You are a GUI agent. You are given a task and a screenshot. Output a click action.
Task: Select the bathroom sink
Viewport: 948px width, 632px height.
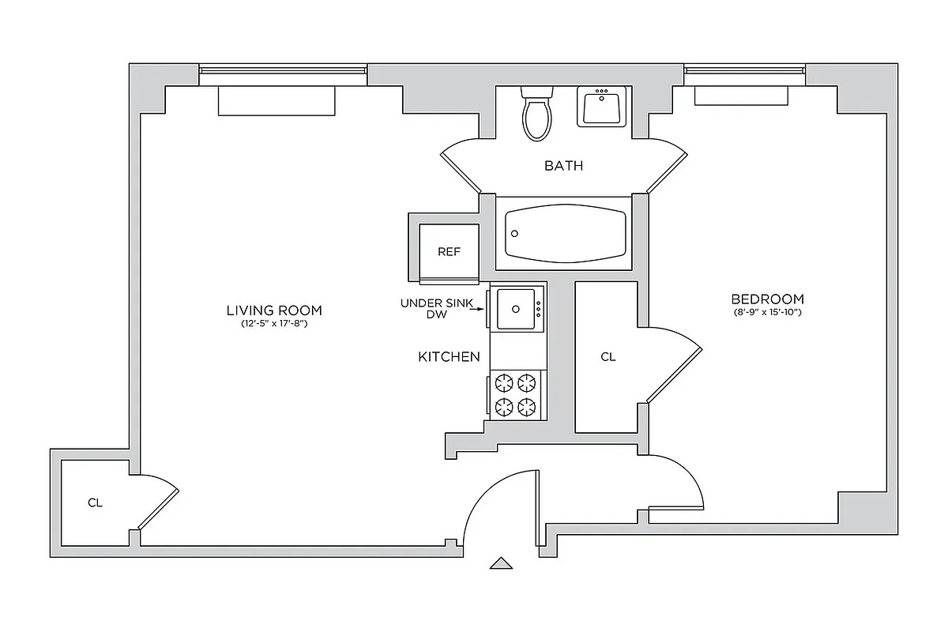[602, 107]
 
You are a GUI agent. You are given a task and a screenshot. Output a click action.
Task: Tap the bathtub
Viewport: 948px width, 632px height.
[566, 234]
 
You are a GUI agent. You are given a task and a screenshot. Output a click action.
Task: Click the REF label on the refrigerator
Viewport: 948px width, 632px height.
[449, 252]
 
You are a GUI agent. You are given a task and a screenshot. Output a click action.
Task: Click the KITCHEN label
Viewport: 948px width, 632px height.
[449, 357]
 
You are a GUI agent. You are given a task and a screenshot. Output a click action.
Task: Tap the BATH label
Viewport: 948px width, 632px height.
[564, 166]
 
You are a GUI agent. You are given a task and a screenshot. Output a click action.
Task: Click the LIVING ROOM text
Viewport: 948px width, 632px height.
[274, 310]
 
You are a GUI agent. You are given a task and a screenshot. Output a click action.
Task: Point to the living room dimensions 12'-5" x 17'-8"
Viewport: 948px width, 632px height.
[274, 324]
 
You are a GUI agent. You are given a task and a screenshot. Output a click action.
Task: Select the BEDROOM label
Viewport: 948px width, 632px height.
[767, 299]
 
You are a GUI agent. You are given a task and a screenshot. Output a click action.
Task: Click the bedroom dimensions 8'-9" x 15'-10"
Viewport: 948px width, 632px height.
[767, 313]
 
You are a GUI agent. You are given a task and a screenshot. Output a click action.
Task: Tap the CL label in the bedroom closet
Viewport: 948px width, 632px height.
[608, 357]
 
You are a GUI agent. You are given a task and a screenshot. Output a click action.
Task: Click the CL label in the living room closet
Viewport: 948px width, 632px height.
[95, 502]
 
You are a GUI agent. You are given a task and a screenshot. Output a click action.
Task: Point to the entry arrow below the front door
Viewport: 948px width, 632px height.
[500, 563]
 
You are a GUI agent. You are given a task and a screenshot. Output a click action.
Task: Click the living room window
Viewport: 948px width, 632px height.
[283, 71]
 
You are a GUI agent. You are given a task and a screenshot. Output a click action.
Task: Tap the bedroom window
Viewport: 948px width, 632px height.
[744, 71]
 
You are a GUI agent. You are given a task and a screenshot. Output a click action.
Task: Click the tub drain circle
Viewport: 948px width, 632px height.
[515, 234]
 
